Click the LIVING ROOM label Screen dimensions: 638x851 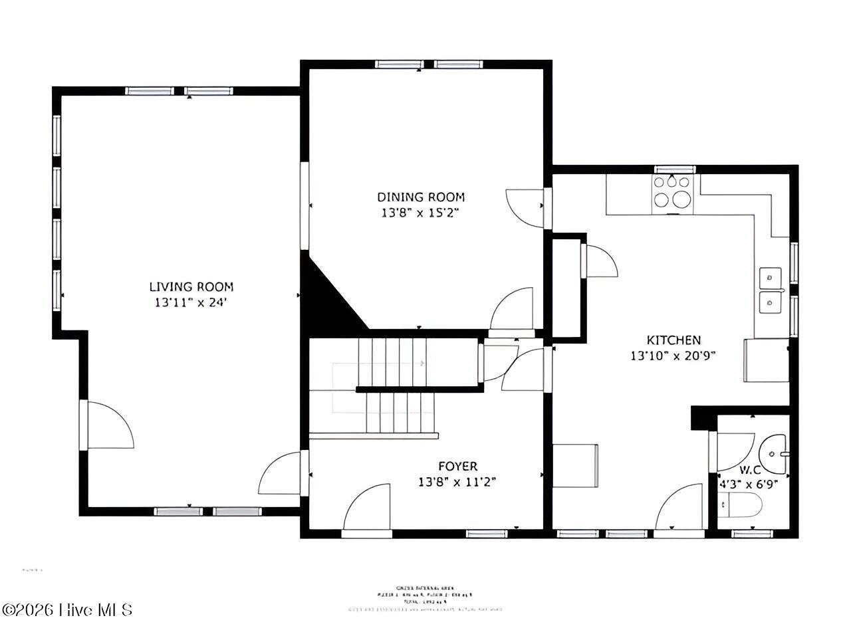point(191,287)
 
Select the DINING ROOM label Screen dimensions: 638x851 point(421,197)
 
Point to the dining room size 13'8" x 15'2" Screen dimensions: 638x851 point(421,213)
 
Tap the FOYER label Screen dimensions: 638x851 point(457,467)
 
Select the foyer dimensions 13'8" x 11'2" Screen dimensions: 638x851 point(457,482)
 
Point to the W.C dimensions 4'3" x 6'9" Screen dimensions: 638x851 point(751,484)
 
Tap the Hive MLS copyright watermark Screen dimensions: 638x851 point(67,609)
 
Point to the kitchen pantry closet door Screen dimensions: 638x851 point(598,261)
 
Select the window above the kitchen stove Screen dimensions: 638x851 point(674,169)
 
